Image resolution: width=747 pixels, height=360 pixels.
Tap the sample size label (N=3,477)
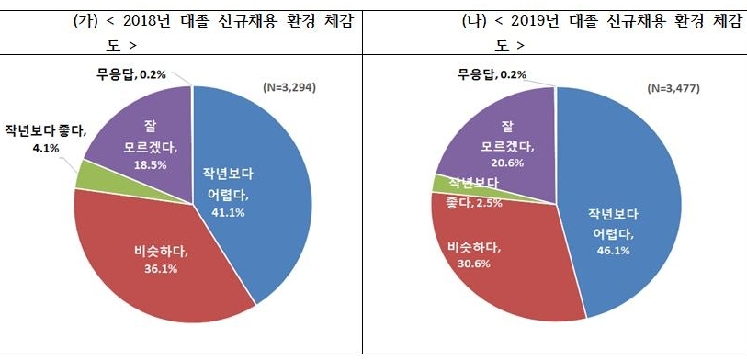pyautogui.click(x=677, y=89)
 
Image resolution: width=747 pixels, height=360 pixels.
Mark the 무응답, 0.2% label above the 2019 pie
pyautogui.click(x=492, y=74)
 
